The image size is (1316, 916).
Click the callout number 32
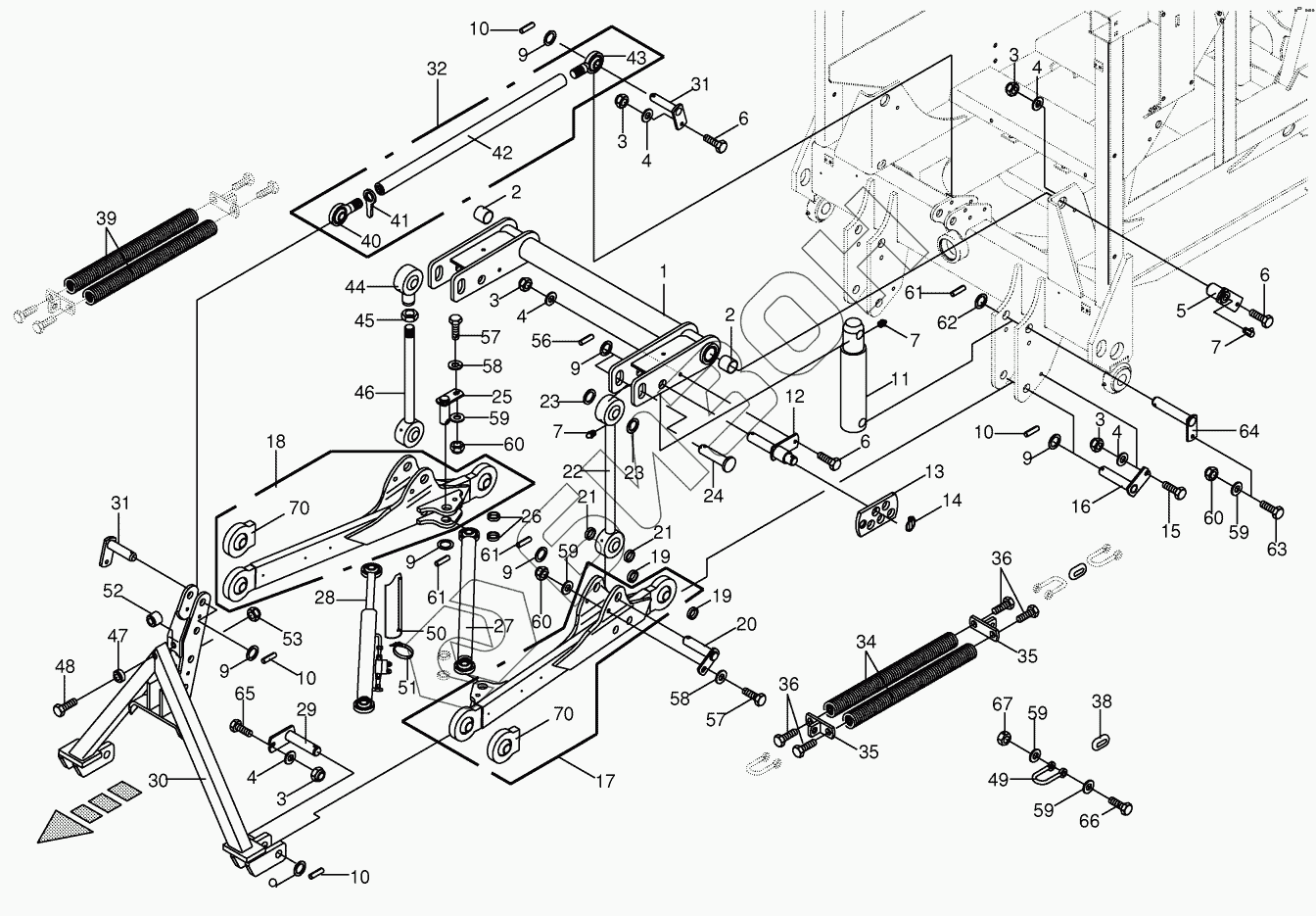tap(437, 69)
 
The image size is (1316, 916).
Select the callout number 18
tap(276, 441)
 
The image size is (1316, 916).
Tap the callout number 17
tap(605, 782)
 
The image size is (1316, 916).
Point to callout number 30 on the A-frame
tap(158, 781)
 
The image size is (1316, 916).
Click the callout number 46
tap(365, 392)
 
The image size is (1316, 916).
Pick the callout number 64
tap(1249, 431)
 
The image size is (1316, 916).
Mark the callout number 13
tap(934, 471)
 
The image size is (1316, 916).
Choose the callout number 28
tap(324, 598)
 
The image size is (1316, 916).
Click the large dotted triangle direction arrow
tap(65, 827)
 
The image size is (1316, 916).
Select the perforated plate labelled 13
tap(876, 515)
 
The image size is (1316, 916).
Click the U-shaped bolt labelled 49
tap(1044, 776)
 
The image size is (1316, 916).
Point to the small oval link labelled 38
tap(1101, 743)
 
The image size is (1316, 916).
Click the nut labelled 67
tap(1004, 737)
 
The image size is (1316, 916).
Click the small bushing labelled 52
tap(154, 619)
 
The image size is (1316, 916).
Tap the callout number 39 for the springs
tap(107, 218)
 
